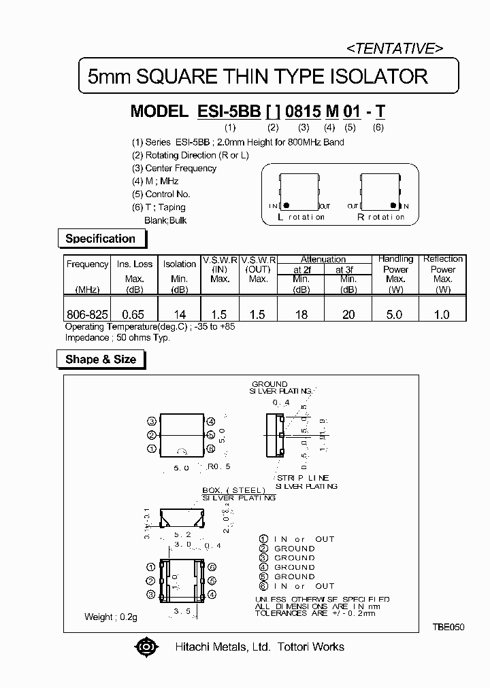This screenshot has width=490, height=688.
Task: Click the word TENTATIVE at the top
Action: [395, 48]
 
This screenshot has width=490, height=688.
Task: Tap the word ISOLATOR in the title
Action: [375, 76]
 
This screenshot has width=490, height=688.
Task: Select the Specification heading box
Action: [100, 239]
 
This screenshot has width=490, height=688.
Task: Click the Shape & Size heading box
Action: [101, 360]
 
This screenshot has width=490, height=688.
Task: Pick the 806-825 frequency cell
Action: [86, 314]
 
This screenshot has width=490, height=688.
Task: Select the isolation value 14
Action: [179, 314]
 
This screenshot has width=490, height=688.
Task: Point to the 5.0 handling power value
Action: [395, 314]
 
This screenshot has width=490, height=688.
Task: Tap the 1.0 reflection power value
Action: [442, 314]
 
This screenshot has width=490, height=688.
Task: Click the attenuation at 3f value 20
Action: [348, 314]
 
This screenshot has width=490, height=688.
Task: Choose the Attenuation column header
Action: [323, 259]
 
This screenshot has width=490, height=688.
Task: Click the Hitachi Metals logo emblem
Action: [144, 647]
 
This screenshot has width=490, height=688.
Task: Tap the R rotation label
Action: [380, 218]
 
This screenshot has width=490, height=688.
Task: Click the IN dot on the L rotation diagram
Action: [287, 205]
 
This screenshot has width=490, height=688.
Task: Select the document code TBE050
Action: [447, 627]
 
